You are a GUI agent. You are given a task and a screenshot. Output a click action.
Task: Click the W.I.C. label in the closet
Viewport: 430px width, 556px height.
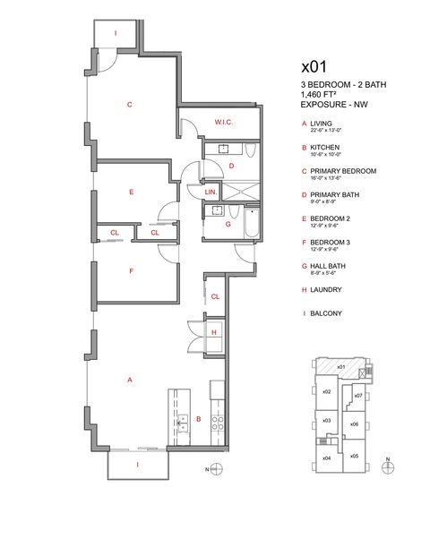click(223, 122)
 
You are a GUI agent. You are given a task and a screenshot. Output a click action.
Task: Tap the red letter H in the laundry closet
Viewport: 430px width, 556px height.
click(213, 332)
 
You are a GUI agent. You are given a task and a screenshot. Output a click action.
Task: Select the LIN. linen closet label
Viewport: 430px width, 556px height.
click(211, 192)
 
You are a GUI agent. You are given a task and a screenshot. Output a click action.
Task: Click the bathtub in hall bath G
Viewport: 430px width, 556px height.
click(250, 224)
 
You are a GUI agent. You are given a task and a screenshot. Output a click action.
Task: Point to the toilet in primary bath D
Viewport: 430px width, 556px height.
click(250, 154)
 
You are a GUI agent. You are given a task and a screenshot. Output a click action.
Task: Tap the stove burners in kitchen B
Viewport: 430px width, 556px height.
click(216, 423)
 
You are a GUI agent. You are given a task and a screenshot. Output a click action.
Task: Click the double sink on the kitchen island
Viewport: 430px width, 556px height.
click(182, 423)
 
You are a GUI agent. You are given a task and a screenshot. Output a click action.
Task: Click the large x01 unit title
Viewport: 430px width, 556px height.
click(314, 66)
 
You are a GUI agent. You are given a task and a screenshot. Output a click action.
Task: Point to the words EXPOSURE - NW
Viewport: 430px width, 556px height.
click(333, 104)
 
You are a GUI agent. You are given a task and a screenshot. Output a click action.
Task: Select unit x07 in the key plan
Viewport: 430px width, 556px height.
click(357, 395)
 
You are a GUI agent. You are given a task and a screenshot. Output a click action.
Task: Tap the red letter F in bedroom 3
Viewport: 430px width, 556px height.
click(131, 270)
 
